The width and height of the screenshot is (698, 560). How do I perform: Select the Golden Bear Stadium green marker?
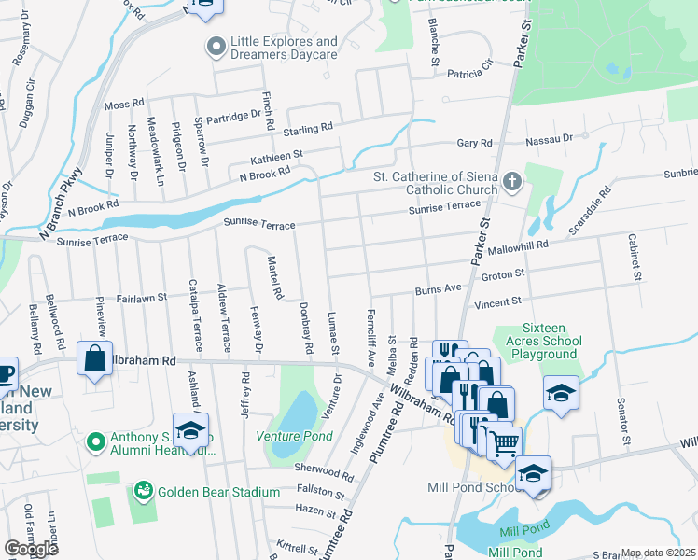point(143,490)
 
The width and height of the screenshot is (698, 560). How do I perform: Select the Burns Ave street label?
point(439,290)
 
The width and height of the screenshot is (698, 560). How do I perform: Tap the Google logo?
point(31,549)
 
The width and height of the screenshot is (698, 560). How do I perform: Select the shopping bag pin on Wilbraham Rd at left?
point(95,360)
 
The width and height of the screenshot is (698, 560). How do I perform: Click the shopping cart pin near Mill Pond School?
point(504,442)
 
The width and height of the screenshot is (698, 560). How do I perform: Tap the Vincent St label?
point(496,302)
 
